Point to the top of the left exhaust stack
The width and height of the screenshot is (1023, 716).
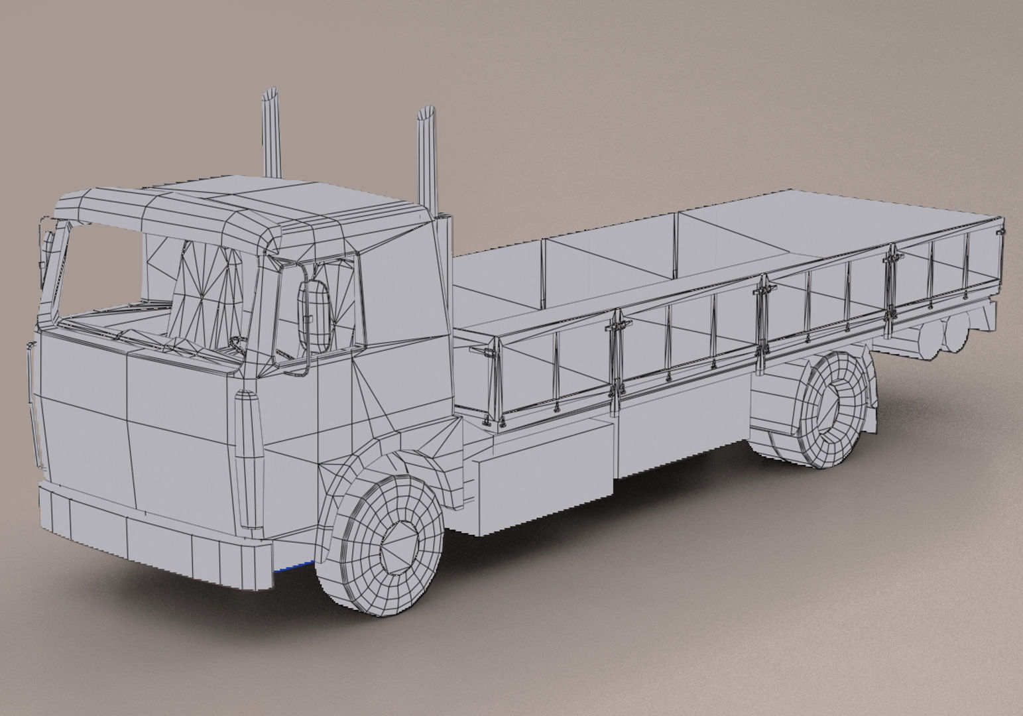pos(271,95)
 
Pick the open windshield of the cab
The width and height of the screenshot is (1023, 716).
pos(99,272)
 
